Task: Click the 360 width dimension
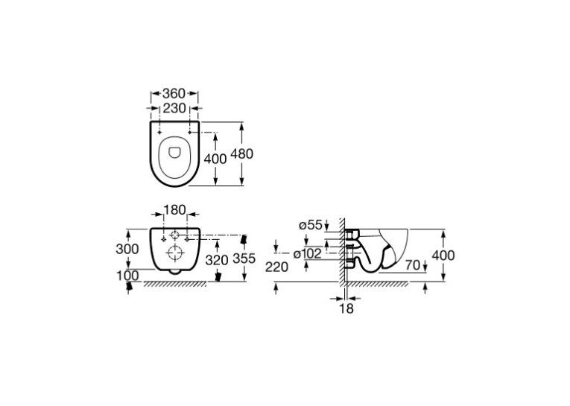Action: click(174, 93)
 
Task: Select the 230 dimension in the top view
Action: click(174, 108)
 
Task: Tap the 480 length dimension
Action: click(241, 153)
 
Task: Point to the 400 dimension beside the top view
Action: click(215, 159)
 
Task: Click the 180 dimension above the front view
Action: click(174, 210)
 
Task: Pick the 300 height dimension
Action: click(127, 249)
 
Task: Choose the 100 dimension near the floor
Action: click(127, 276)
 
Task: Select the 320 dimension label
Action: click(217, 260)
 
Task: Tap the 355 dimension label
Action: click(244, 258)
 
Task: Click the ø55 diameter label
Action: click(311, 226)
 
